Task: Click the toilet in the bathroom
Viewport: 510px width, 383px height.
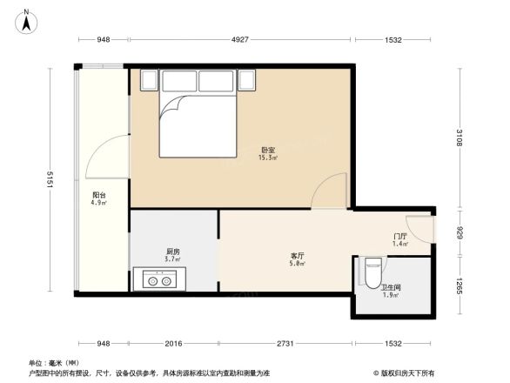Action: [x=372, y=266]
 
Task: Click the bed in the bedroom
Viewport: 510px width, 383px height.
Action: [x=197, y=122]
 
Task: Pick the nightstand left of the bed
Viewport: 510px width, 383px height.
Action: [x=147, y=81]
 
